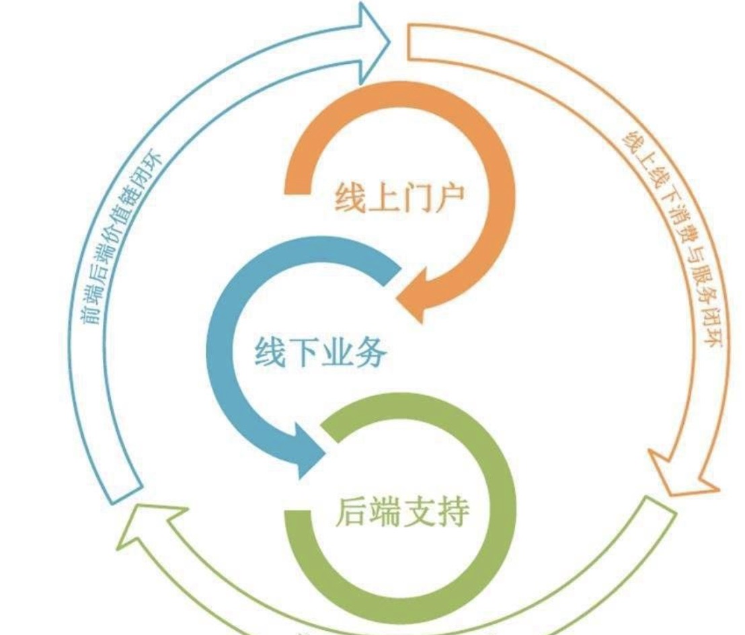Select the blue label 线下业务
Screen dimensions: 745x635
pyautogui.click(x=321, y=352)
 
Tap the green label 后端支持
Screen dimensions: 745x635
pyautogui.click(x=402, y=511)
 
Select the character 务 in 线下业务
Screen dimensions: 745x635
pyautogui.click(x=371, y=352)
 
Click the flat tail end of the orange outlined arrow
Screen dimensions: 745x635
pyautogui.click(x=407, y=43)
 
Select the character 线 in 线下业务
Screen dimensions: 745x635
pyautogui.click(x=270, y=352)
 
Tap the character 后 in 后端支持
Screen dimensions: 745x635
pyautogui.click(x=352, y=511)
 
